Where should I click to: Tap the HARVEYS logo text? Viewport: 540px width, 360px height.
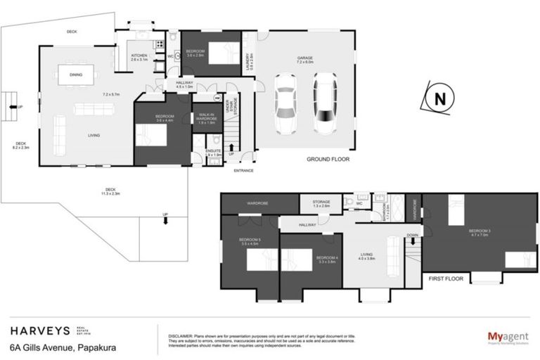point(39,330)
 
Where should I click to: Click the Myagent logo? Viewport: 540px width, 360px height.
point(508,337)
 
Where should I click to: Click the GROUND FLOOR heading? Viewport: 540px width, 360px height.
point(328,160)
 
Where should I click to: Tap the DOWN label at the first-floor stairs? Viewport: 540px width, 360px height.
point(413,236)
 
